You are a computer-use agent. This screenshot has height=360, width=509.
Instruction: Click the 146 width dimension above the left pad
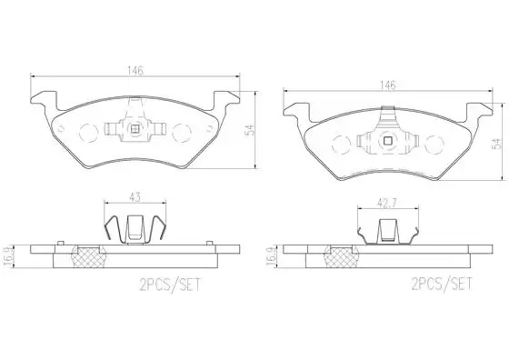pos(135,70)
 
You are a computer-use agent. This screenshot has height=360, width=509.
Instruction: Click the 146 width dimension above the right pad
pos(388,85)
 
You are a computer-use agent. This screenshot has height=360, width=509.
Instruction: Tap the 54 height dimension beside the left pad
pos(251,130)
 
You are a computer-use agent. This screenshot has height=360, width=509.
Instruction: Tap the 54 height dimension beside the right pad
pos(497,144)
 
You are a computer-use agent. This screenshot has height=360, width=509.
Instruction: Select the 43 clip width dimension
pos(135,197)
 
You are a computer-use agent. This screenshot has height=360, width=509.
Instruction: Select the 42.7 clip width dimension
pos(387,203)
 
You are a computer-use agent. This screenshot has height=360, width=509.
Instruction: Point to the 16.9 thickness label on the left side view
pos(8,257)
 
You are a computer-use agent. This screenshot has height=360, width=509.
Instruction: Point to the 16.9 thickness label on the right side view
pos(271,257)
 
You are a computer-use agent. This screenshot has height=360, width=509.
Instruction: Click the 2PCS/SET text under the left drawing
pos(170,285)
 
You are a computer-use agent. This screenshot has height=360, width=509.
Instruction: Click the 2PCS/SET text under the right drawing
pos(442,284)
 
